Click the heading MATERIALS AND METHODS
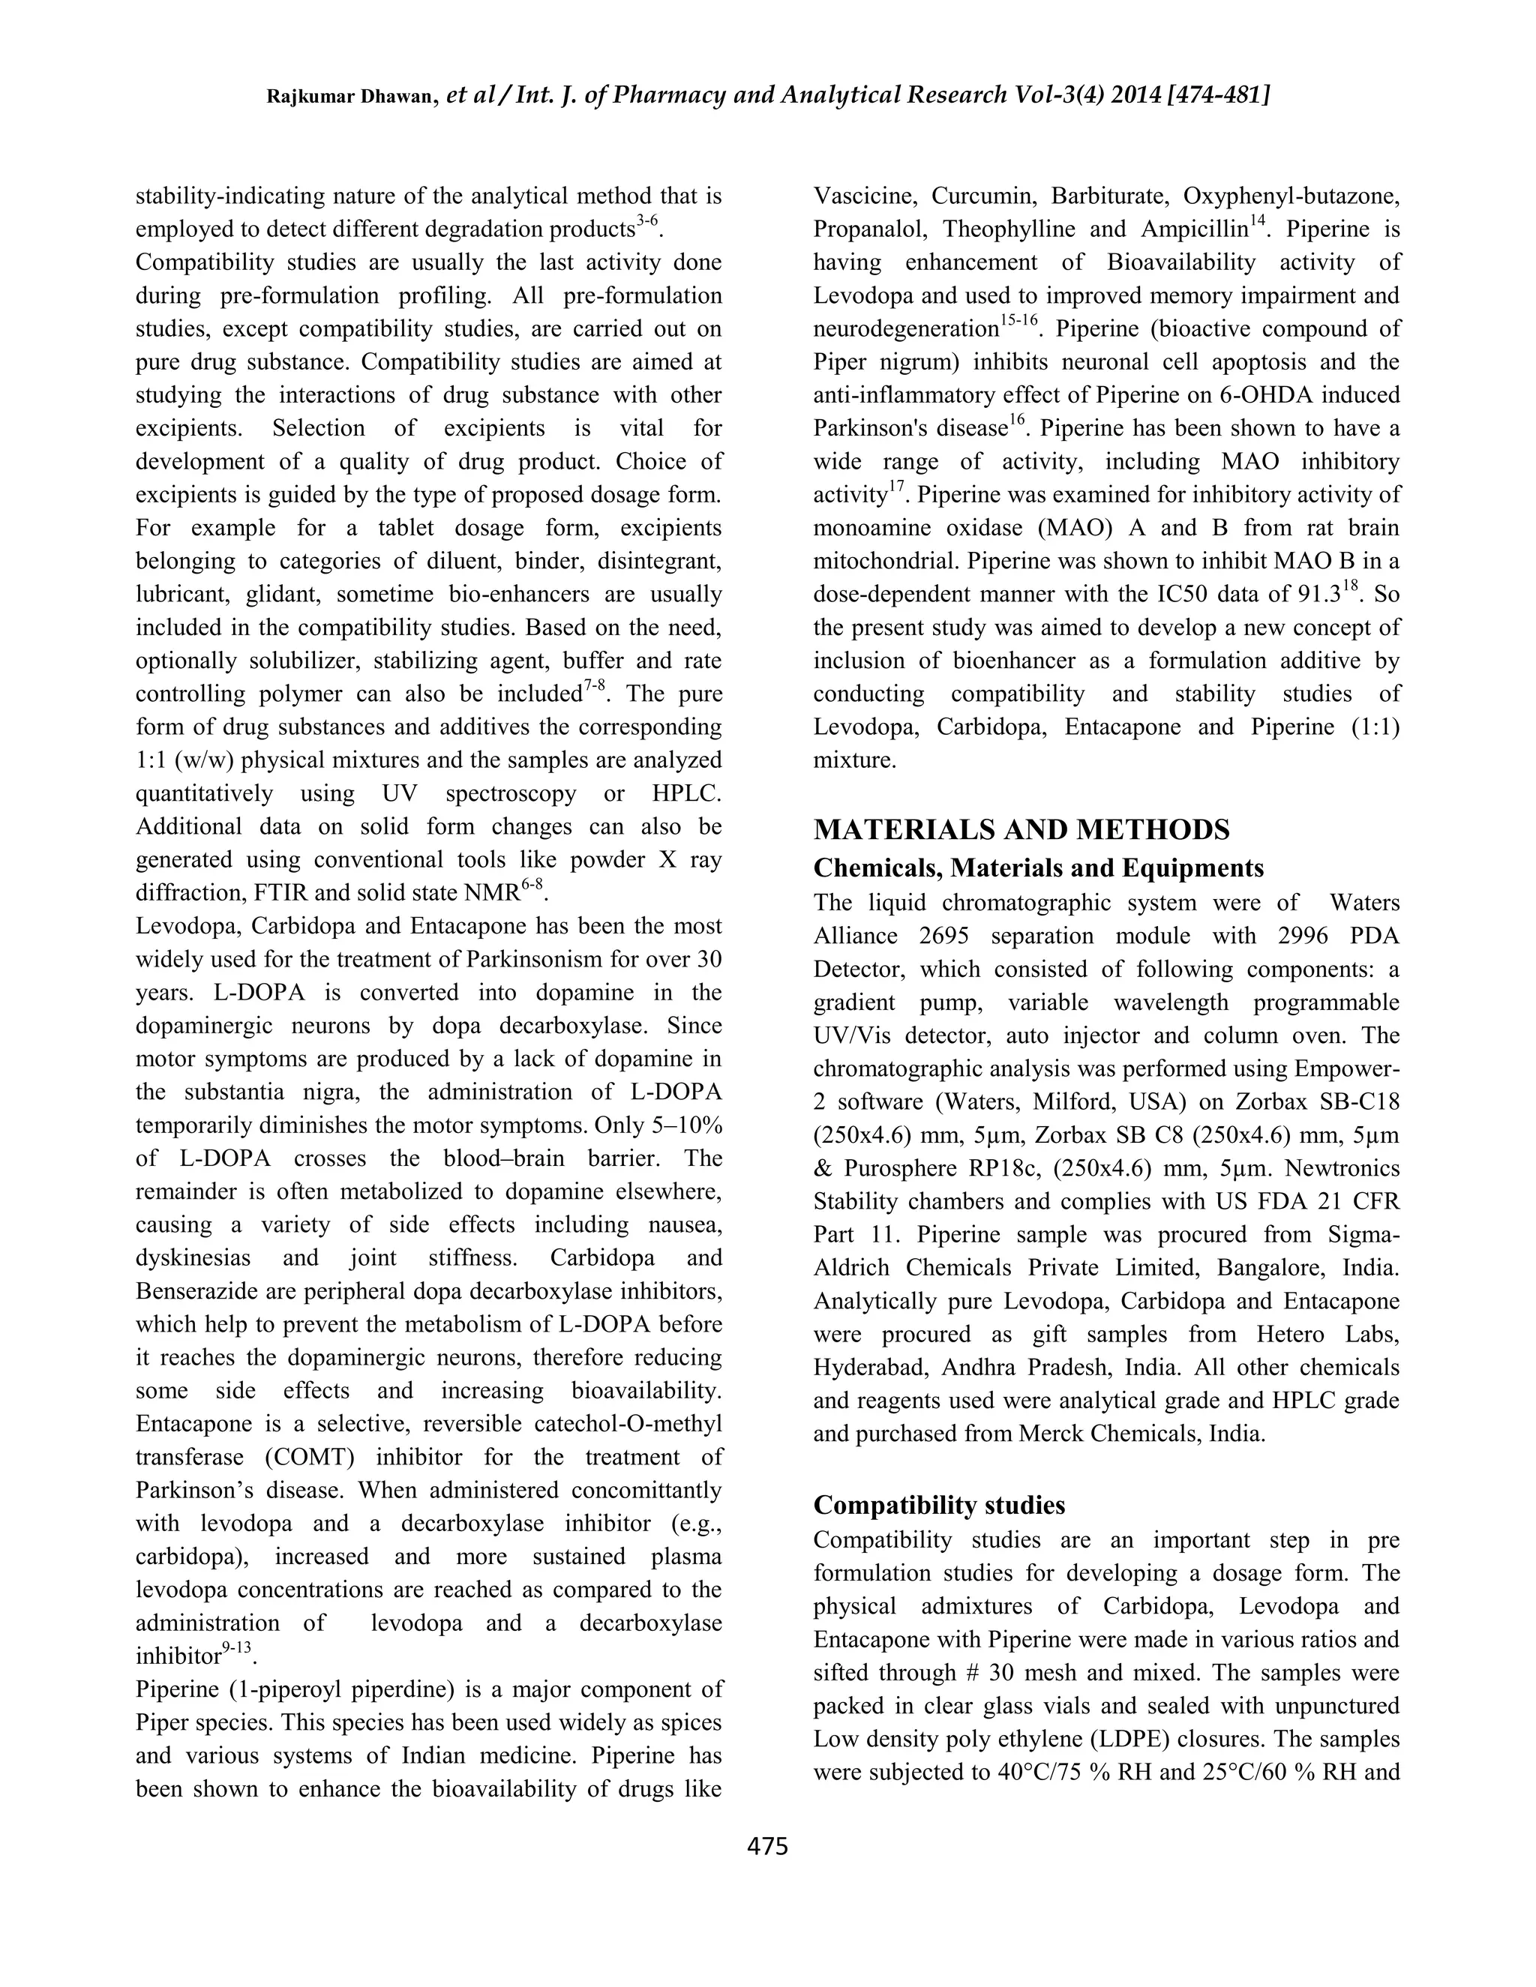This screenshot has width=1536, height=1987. coord(1021,830)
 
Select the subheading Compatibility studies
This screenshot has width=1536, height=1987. coord(939,1505)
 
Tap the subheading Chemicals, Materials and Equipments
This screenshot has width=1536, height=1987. coord(1038,868)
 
